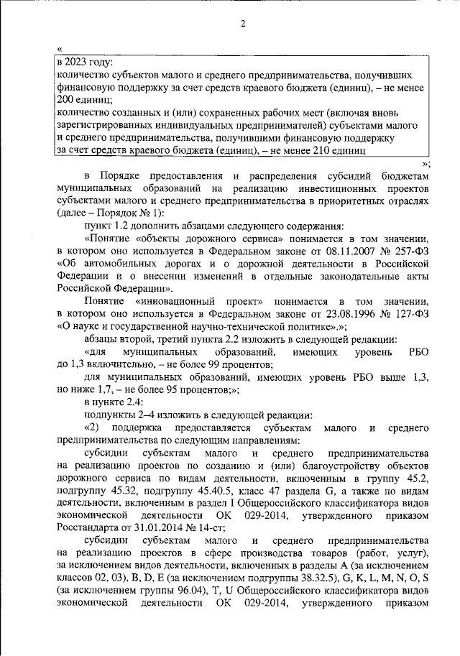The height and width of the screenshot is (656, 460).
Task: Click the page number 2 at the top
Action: [x=243, y=25]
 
